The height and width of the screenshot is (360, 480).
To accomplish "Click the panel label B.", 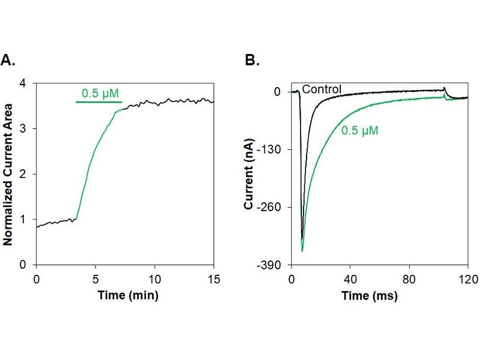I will click(x=252, y=60).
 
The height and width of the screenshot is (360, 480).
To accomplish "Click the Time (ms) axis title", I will click(x=369, y=296).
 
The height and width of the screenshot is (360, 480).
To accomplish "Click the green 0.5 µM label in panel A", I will click(x=100, y=93).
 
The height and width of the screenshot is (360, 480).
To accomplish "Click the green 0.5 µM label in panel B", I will click(x=360, y=130).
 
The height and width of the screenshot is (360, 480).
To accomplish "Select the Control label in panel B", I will click(x=322, y=89).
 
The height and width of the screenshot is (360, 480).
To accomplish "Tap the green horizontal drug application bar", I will click(x=99, y=102).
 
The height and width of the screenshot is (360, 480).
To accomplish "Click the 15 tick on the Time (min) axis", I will click(x=214, y=279).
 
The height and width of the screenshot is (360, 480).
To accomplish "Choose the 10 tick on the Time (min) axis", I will click(x=154, y=279).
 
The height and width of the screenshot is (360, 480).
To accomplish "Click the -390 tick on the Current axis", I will click(x=272, y=265).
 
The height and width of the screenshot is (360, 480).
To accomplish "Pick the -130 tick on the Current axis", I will click(x=272, y=149).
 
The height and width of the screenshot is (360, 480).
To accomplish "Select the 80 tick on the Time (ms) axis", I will click(x=409, y=279).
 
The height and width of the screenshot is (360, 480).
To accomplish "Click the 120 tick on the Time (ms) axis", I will click(x=468, y=279).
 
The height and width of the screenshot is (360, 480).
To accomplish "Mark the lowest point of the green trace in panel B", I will click(x=302, y=251).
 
